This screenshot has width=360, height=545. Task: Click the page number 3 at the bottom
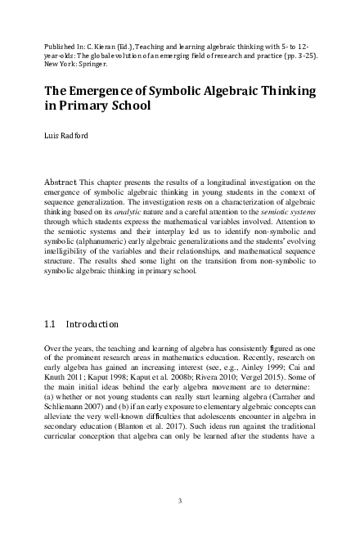tap(180, 500)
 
